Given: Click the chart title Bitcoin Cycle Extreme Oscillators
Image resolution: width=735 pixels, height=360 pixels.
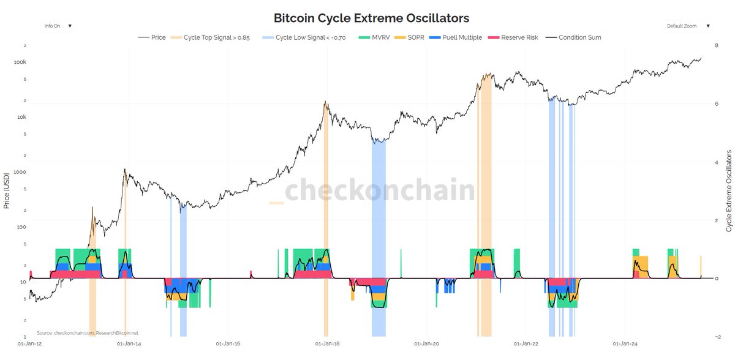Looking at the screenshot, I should point(371,18).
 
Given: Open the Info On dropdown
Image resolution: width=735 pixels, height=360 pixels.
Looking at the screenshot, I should point(58,26).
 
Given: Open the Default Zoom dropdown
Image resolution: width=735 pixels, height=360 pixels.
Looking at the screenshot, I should point(688,26).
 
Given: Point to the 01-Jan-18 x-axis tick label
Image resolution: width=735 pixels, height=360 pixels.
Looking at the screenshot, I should point(327,345).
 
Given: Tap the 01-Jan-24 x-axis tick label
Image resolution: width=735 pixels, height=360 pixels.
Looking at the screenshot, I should point(623,345).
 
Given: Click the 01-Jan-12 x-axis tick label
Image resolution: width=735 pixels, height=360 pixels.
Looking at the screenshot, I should point(29,345).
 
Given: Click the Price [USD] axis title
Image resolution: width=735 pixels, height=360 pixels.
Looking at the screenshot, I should point(7,190).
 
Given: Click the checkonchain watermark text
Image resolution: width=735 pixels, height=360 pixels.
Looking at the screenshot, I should point(380,190).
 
